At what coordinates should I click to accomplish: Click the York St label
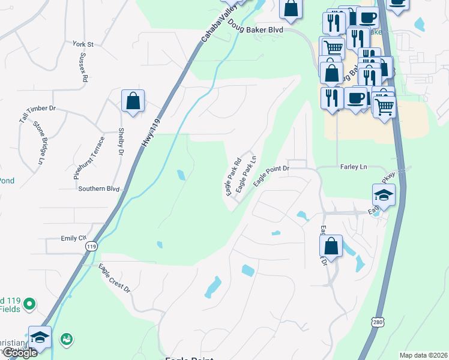(x=83, y=44)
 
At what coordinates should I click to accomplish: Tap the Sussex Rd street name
(x=84, y=68)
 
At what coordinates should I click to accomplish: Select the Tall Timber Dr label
(x=37, y=114)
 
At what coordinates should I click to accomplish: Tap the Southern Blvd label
(x=98, y=189)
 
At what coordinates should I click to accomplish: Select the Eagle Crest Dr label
(x=115, y=278)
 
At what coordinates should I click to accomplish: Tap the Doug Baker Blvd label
(x=264, y=28)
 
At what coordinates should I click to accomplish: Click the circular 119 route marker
(x=91, y=246)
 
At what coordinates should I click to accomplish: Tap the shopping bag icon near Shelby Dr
(x=133, y=101)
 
